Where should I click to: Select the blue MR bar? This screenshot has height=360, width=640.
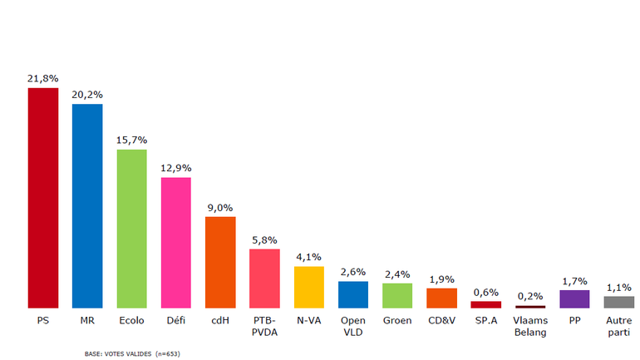point(87,205)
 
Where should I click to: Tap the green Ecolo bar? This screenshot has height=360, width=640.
point(131,229)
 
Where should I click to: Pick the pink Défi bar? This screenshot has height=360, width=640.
point(175,242)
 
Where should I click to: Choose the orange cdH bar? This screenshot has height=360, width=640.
point(220,262)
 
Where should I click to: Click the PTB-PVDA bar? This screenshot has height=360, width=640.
point(264,279)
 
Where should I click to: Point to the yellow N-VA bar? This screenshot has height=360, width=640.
point(308,287)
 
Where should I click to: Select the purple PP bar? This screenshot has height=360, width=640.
point(574,299)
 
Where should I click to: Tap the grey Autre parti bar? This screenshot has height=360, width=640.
point(618,302)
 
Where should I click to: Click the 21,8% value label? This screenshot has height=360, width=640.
point(42,78)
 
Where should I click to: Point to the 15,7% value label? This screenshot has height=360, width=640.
point(131,140)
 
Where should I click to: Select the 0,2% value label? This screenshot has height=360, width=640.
point(530,296)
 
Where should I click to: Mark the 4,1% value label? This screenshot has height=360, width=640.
point(308,257)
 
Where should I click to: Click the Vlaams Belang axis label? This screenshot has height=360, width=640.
point(530,326)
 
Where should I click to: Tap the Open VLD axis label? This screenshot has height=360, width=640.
point(352,326)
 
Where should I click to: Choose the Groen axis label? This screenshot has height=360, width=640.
point(397,320)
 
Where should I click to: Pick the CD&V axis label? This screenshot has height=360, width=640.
point(441,320)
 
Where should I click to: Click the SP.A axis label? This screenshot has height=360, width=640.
point(485,320)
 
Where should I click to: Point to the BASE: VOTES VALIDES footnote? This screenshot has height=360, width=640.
point(132,354)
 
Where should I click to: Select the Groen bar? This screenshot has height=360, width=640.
point(397,295)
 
